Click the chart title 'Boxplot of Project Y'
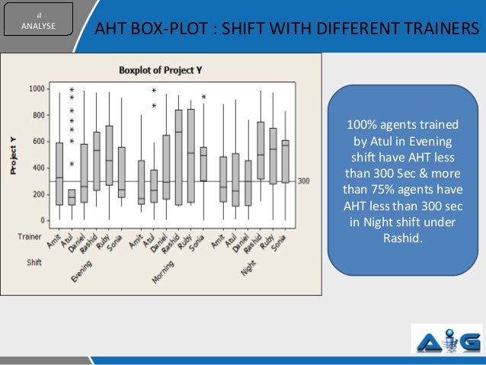tap(161, 70)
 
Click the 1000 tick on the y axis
tap(37, 89)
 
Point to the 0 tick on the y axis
tap(41, 221)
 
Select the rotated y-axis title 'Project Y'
tap(14, 155)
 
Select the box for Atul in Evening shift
tap(72, 197)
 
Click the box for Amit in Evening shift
tap(59, 173)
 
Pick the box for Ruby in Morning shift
tap(191, 155)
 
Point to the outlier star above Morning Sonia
tap(203, 98)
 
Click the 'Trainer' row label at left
tap(29, 237)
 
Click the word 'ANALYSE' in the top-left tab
tap(38, 23)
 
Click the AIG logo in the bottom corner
tap(446, 340)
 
